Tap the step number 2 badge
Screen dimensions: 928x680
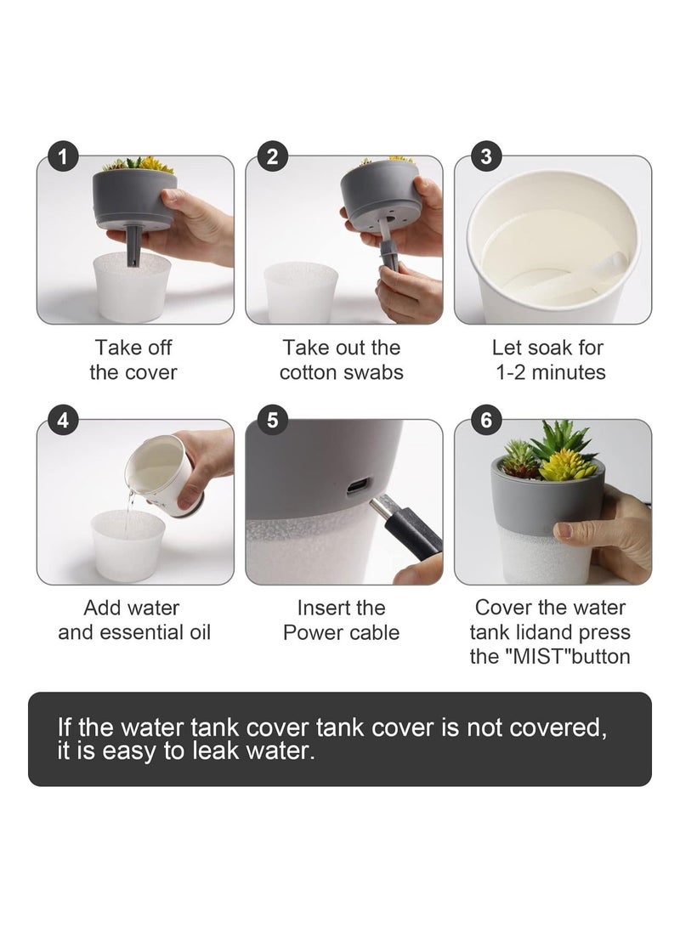(272, 156)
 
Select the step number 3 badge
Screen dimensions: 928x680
(485, 156)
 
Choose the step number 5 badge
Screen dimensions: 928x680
(272, 419)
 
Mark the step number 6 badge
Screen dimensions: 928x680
(485, 419)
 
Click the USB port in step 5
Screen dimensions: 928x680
(358, 487)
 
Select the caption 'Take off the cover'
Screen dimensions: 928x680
(133, 359)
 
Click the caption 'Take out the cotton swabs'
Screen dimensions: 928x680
(341, 359)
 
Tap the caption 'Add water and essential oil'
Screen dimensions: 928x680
(133, 620)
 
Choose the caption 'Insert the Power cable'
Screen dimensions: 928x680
(341, 620)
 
